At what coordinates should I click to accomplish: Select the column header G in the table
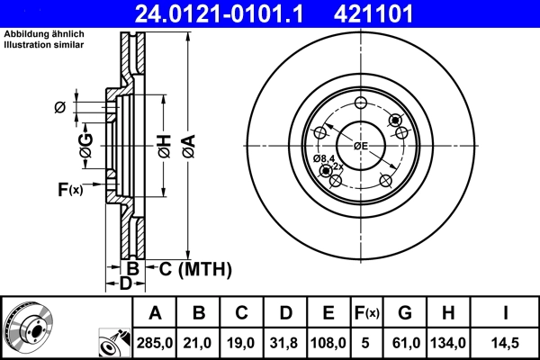404,313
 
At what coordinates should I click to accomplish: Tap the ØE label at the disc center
360,145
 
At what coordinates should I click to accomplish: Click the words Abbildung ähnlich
44,33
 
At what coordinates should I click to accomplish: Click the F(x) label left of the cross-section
70,189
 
